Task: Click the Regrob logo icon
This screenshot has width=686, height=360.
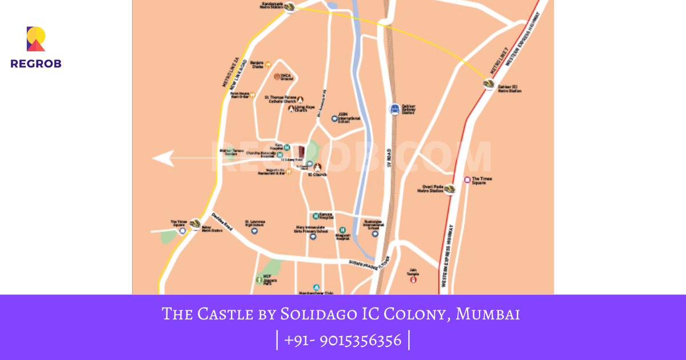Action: pyautogui.click(x=35, y=39)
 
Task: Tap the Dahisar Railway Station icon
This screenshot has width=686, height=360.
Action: pyautogui.click(x=394, y=109)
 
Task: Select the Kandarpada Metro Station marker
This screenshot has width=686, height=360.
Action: pyautogui.click(x=289, y=7)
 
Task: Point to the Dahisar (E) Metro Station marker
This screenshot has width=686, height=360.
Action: pyautogui.click(x=489, y=84)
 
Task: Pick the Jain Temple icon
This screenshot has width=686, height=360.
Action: pyautogui.click(x=414, y=279)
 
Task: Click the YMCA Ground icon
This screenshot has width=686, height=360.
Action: pyautogui.click(x=277, y=77)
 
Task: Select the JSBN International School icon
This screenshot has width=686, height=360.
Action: pyautogui.click(x=334, y=118)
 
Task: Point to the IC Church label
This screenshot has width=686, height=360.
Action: pyautogui.click(x=317, y=174)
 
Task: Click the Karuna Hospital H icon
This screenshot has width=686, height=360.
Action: pyautogui.click(x=315, y=216)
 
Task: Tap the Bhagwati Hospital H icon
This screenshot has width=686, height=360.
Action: pyautogui.click(x=342, y=230)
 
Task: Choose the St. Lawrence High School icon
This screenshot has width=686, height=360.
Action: pyautogui.click(x=255, y=231)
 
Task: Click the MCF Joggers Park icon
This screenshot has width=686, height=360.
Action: pyautogui.click(x=259, y=279)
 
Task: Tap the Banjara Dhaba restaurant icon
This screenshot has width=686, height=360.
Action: pyautogui.click(x=267, y=65)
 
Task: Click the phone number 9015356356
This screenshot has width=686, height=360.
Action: pyautogui.click(x=360, y=341)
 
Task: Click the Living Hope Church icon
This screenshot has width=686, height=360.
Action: pyautogui.click(x=290, y=109)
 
